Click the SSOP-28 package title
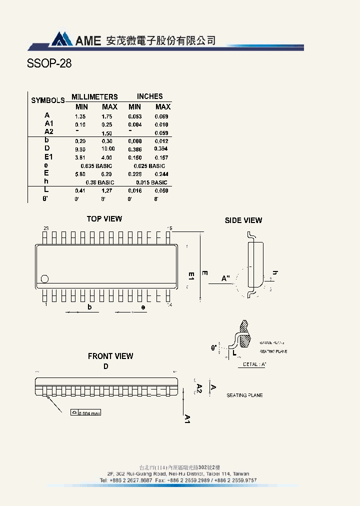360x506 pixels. (x=49, y=64)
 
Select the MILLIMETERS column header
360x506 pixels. (x=94, y=97)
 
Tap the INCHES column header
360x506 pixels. (x=149, y=96)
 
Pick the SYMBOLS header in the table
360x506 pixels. (x=48, y=100)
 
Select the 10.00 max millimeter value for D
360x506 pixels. (x=108, y=149)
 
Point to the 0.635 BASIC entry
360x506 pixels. (x=96, y=165)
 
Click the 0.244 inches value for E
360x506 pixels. (x=161, y=174)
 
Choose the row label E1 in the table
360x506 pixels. (x=48, y=157)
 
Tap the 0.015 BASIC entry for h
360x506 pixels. (x=151, y=182)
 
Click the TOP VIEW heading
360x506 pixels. (x=104, y=219)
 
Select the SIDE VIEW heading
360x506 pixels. (x=243, y=220)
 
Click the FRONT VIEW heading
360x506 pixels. (x=110, y=356)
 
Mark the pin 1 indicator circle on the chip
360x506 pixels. (x=45, y=279)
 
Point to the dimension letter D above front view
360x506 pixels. (x=106, y=366)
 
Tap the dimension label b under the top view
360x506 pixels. (x=90, y=307)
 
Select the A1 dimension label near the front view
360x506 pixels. (x=187, y=418)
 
